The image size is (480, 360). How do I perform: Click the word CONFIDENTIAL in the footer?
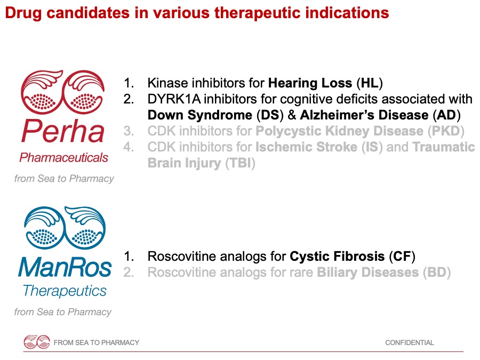409,342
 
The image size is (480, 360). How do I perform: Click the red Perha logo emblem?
63,92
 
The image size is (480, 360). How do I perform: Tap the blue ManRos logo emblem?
65,227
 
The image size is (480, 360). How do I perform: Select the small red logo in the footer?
37,342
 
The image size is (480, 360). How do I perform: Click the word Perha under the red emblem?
63,131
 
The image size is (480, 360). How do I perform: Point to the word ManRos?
65,267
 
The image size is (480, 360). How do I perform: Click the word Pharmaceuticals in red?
63,158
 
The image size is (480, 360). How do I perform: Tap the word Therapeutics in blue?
65,291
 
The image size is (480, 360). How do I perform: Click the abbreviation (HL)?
370,83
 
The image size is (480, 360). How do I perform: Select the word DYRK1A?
174,99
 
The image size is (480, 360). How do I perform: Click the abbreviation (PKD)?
446,131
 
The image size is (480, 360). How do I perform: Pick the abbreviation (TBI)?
241,163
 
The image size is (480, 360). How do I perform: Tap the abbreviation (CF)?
402,257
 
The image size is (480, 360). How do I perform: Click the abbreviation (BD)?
437,273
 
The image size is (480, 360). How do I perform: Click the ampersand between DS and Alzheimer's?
292,115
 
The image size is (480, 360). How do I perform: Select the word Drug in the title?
23,13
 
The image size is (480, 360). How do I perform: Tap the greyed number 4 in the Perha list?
128,147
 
